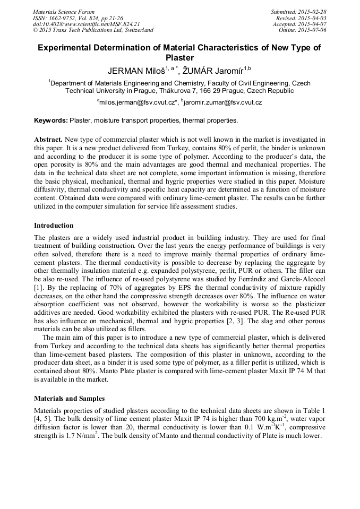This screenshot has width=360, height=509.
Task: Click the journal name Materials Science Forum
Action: coord(64,12)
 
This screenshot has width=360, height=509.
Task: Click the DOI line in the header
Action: coord(86,24)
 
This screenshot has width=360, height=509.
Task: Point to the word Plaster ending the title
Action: coord(179,58)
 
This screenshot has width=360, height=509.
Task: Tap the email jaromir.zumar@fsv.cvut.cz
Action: coord(222,102)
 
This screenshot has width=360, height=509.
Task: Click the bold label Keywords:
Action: coord(51,120)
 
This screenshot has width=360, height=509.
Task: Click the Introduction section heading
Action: coord(54,226)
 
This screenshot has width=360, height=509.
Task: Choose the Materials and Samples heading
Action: coord(69,398)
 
